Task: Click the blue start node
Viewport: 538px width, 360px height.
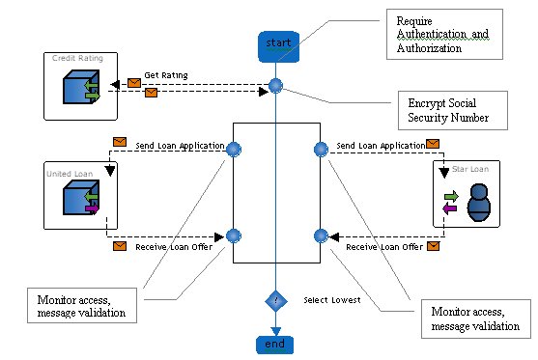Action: (278, 47)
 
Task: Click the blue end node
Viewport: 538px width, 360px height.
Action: (275, 345)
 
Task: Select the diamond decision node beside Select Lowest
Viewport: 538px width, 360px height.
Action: (276, 301)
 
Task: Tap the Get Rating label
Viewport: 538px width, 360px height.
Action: (166, 75)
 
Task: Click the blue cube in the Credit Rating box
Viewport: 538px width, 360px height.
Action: (81, 87)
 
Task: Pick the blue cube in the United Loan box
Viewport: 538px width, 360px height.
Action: (81, 198)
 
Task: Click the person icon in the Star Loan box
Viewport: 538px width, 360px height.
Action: (479, 203)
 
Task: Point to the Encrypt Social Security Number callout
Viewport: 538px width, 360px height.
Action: (453, 110)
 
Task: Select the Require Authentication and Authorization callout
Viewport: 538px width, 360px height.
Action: (444, 35)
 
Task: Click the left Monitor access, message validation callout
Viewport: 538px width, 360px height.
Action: (82, 306)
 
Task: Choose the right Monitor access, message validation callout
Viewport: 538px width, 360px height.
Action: (476, 318)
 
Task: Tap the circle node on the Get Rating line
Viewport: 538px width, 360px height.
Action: (275, 86)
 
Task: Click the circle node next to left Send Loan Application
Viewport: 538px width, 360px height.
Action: (234, 150)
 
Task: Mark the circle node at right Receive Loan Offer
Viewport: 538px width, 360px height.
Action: (321, 235)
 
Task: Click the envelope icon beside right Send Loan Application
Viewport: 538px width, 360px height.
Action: (433, 144)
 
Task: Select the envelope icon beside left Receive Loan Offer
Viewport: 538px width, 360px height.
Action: (120, 246)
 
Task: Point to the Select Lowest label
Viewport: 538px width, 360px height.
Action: (332, 300)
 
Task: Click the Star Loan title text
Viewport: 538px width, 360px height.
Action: (470, 169)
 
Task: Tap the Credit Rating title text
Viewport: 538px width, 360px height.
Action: (77, 58)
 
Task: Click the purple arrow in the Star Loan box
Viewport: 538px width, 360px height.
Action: (449, 208)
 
